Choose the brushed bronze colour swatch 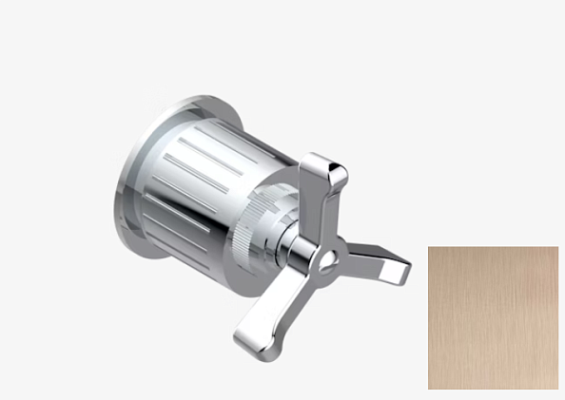tap(493, 317)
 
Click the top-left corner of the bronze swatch tap(429, 247)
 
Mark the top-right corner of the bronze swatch tap(557, 247)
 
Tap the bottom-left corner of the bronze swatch tap(429, 389)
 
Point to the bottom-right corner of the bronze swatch tap(557, 389)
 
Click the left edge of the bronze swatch tap(429, 317)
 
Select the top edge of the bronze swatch tap(493, 247)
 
